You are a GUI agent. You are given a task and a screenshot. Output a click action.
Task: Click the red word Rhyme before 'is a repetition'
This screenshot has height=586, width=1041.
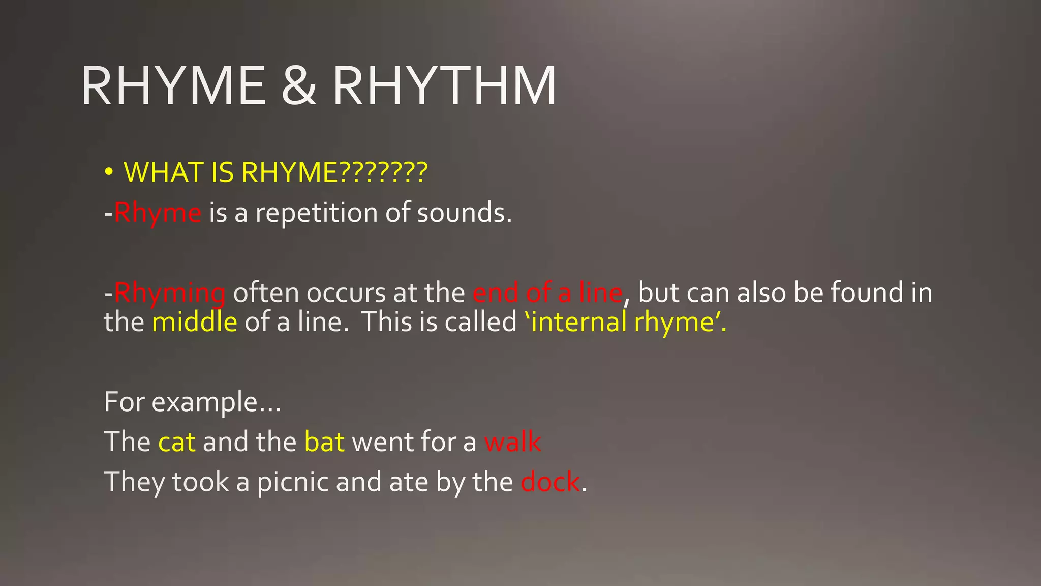pos(158,213)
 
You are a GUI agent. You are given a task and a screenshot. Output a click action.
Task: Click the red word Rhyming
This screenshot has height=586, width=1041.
pos(170,293)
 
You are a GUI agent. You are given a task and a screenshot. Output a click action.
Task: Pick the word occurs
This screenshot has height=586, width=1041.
pos(346,293)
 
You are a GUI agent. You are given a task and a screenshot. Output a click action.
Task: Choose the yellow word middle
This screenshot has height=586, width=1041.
pos(195,322)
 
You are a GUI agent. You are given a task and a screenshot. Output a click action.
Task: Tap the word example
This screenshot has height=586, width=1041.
pos(216,402)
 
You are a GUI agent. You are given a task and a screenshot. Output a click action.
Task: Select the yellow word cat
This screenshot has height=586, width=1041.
pos(177,442)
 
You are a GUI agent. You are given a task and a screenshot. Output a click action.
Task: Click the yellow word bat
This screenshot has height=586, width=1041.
pos(324,442)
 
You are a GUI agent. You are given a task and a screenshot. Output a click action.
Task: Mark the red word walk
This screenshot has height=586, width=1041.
pos(512,442)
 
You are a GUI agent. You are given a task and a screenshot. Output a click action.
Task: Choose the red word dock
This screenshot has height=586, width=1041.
pos(550,482)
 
